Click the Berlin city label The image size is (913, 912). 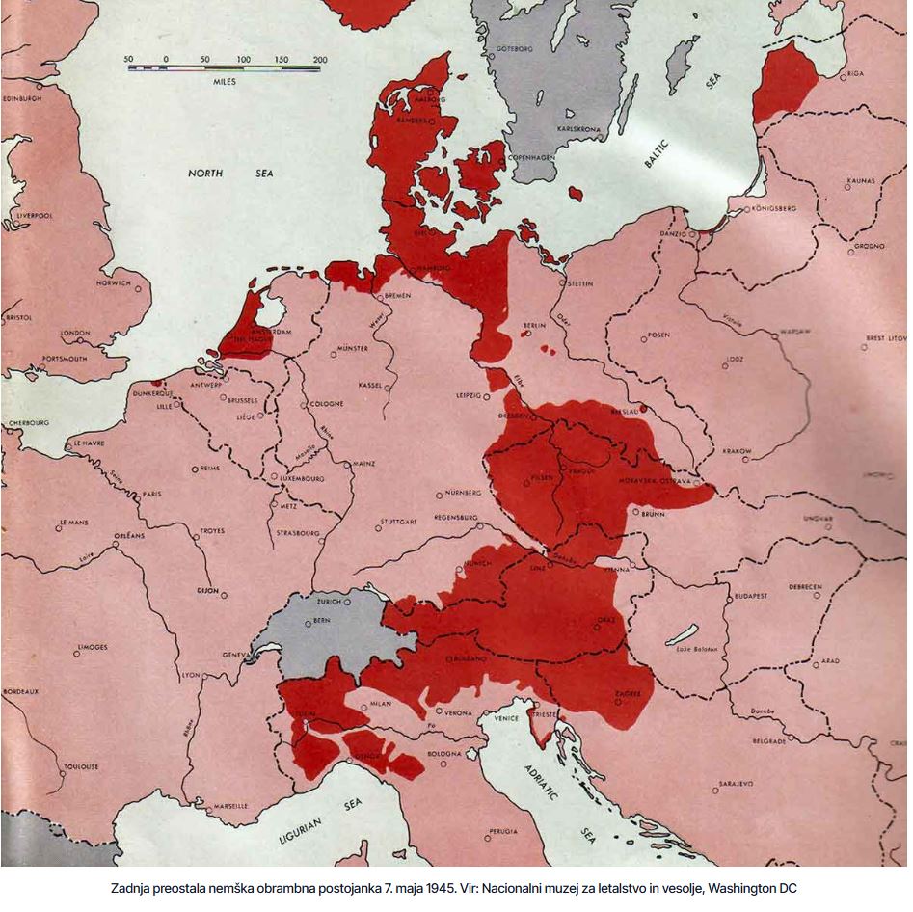pos(534,326)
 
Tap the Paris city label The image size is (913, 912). pos(151,494)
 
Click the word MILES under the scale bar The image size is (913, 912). pos(224,82)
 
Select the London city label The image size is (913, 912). pos(75,333)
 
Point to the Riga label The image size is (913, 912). pos(855,73)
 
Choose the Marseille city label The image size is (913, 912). pos(229,805)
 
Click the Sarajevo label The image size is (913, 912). pos(734,783)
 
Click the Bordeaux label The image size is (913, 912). pos(20,691)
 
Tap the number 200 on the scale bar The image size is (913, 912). pos(319,60)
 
